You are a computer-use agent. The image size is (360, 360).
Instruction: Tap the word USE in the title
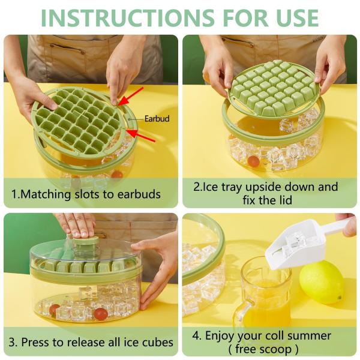pos(298,18)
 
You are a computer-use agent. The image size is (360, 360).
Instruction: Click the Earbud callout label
pos(157,119)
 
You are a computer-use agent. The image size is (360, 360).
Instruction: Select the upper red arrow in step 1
pos(131,97)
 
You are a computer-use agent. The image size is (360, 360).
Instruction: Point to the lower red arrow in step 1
pos(140,136)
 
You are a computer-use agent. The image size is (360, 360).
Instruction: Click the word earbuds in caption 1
pos(139,194)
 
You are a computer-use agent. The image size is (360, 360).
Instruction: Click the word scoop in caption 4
pos(275,349)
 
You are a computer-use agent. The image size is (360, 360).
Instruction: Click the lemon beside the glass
pos(322,282)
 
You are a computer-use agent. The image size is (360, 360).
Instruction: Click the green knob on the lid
pos(86,243)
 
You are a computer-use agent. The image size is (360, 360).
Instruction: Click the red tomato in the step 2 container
pos(253,161)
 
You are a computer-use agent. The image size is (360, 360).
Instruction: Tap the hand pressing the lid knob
pos(75,226)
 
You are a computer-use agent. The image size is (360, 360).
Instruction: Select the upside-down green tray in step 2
pos(274,89)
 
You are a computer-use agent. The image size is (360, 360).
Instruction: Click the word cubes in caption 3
pos(158,343)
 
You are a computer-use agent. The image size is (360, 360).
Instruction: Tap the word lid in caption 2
pos(285,200)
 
